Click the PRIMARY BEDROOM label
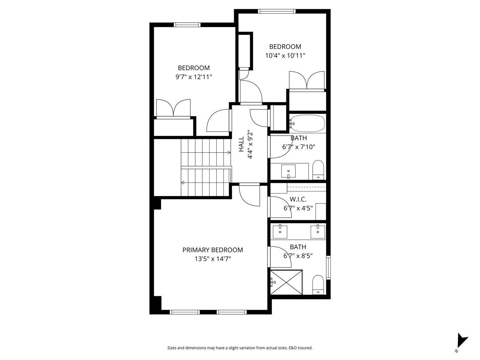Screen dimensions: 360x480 coord(212,250)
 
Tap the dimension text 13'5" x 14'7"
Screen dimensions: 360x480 coord(212,259)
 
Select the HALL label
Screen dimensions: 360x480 coord(241,145)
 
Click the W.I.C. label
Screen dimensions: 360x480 coord(298,199)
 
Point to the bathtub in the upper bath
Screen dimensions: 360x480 coord(307,123)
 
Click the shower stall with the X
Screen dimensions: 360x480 coord(286,282)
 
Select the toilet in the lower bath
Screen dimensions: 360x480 coord(318,284)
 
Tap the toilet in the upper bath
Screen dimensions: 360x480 coord(318,170)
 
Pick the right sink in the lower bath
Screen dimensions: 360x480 coord(317,231)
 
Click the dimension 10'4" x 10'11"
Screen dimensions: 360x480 coord(285,55)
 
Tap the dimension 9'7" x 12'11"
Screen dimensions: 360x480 coord(194,77)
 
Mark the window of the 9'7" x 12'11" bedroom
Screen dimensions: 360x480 coord(187,25)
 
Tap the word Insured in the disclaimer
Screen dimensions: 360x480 coord(305,348)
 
